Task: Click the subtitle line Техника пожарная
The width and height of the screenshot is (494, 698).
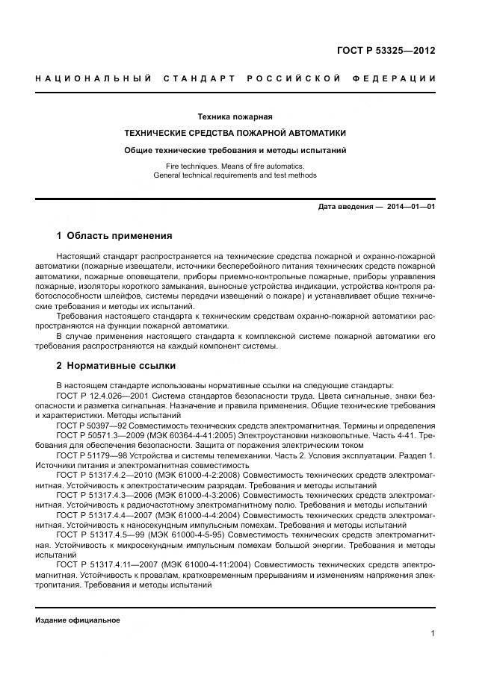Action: pos(235,116)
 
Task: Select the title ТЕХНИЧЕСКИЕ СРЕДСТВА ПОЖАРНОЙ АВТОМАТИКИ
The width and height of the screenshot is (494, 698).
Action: pos(235,133)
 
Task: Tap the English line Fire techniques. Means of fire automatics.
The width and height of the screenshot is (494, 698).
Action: pos(235,165)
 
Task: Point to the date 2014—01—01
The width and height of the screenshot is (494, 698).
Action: pos(410,207)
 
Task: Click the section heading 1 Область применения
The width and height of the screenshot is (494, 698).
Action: pos(114,236)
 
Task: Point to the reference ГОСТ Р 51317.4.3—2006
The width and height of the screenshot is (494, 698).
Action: pos(100,494)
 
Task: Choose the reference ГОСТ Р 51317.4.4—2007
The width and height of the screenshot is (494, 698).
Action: pos(100,514)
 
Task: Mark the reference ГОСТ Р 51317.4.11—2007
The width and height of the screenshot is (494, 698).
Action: pos(102,565)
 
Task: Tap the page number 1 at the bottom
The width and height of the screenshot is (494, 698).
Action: pos(433,634)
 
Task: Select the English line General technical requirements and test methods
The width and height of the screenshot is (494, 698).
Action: pos(235,175)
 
